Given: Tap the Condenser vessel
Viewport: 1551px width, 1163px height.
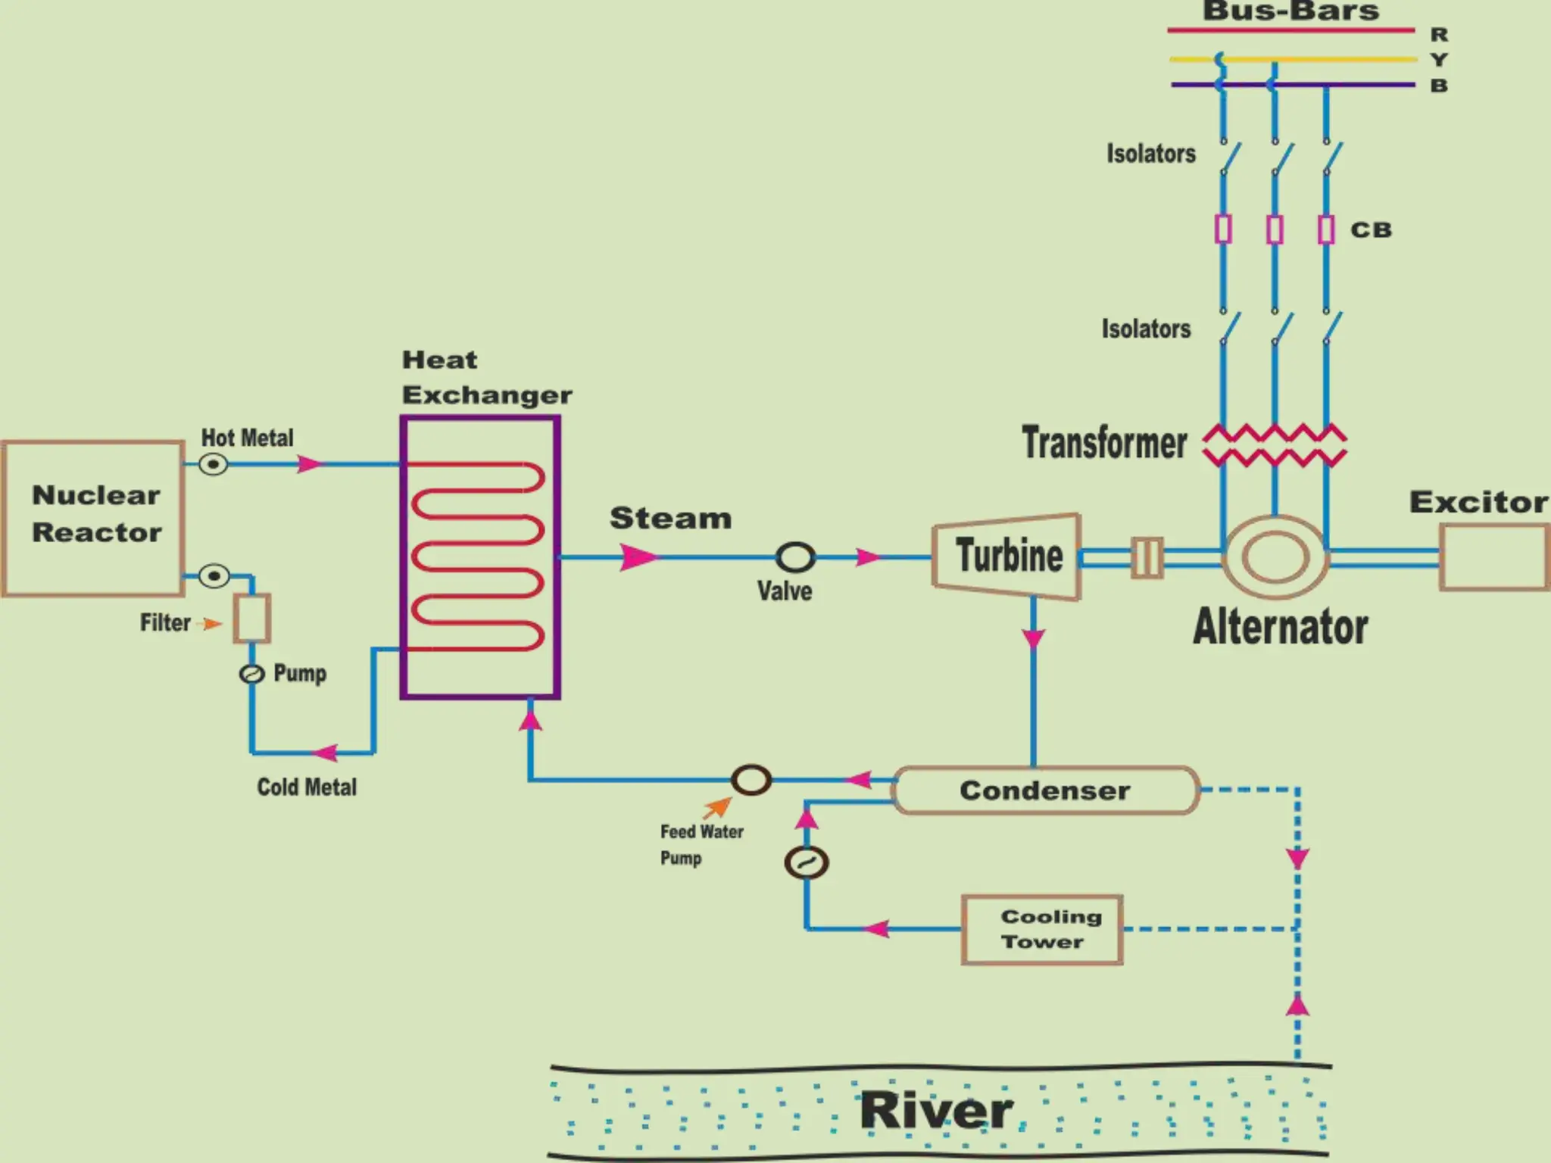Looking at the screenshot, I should [x=1045, y=790].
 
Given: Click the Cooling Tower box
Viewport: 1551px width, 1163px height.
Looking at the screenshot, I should [x=1042, y=930].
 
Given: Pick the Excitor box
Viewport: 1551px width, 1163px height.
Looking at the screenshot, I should [x=1493, y=557].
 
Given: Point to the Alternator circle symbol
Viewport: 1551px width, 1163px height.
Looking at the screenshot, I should [x=1275, y=557].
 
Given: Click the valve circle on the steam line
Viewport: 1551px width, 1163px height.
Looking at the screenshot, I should [x=795, y=557].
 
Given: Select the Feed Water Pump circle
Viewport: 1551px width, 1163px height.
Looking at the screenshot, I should [x=751, y=780].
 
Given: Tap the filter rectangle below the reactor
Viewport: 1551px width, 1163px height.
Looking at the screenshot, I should [x=251, y=619].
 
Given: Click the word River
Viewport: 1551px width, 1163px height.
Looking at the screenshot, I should [x=936, y=1111].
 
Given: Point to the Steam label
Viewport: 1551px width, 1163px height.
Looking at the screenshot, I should [x=670, y=519].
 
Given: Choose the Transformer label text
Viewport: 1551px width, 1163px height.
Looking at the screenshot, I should [x=1104, y=443].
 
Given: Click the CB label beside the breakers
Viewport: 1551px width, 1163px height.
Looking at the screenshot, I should [x=1371, y=230].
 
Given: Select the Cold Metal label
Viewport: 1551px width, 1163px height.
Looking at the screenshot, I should [x=307, y=787].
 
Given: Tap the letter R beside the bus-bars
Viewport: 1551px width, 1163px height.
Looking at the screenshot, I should [x=1439, y=35].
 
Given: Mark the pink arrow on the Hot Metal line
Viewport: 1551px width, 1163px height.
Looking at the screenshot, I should [x=309, y=464].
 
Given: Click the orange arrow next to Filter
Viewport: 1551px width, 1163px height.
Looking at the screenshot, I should [x=211, y=624].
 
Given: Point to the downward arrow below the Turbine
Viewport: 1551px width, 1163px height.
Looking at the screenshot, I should [x=1034, y=638].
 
